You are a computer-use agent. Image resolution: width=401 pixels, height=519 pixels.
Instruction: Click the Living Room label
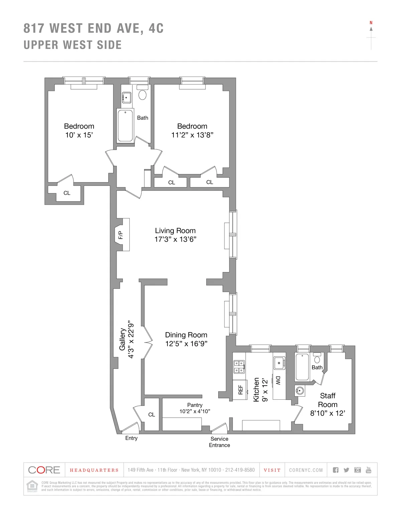tap(175, 231)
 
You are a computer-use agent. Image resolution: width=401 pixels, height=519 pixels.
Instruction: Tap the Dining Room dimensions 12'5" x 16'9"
tap(186, 344)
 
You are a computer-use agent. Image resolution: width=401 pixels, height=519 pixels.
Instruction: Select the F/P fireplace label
tap(121, 235)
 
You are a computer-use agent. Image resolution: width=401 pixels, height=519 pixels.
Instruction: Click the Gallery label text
tap(123, 339)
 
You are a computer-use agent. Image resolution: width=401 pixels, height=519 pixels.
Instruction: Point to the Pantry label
tap(195, 405)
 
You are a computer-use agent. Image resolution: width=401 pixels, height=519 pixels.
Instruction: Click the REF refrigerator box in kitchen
tap(240, 390)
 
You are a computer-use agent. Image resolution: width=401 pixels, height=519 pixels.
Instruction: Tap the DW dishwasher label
tap(278, 380)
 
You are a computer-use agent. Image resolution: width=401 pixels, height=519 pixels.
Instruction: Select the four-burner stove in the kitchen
tap(239, 367)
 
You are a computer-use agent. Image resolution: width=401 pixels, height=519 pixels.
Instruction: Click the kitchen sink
tap(279, 363)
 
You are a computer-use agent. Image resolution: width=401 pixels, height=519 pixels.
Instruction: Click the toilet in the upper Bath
tap(143, 94)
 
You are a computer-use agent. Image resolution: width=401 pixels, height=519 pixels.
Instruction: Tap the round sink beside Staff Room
tap(300, 390)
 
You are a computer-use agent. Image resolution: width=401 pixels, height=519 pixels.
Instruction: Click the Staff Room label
tap(327, 400)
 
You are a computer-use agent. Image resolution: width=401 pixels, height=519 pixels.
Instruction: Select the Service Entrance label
tap(220, 442)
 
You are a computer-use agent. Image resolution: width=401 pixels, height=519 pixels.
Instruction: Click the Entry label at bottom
tap(131, 438)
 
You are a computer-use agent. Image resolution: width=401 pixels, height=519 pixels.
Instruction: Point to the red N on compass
tap(371, 23)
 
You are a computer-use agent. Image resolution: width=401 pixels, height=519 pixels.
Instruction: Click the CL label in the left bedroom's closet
tap(67, 193)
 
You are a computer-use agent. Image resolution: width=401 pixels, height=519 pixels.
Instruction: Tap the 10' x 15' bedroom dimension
tap(79, 135)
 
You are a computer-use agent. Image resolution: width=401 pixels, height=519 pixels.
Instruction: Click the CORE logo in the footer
tap(44, 470)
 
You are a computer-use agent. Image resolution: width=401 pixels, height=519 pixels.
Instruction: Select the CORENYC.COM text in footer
tap(306, 470)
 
